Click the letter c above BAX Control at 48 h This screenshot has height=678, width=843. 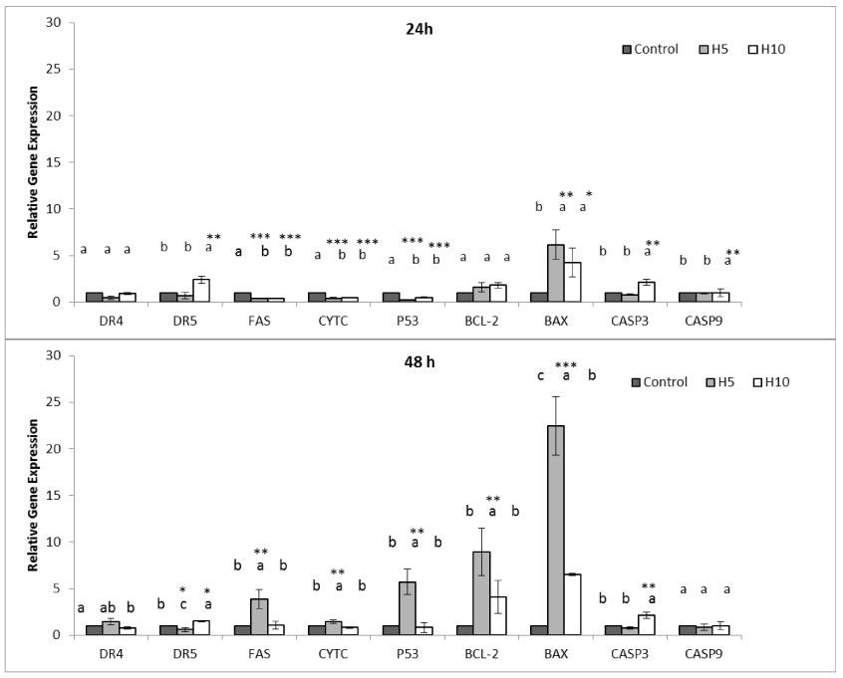click(539, 375)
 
